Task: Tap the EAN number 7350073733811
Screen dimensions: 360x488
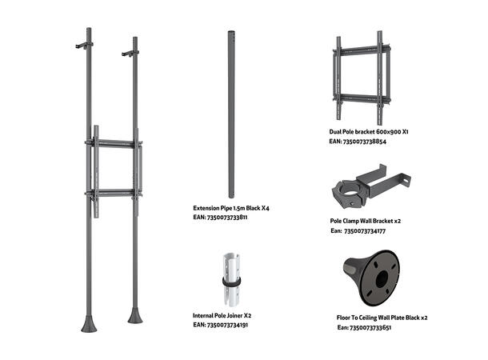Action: (x=220, y=217)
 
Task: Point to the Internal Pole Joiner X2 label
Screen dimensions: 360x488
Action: (x=222, y=315)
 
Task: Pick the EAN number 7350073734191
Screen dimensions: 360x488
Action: (x=220, y=326)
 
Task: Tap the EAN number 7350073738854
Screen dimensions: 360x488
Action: (x=358, y=141)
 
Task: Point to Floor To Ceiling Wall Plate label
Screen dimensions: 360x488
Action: (x=382, y=318)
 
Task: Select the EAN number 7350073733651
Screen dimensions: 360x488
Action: (x=364, y=327)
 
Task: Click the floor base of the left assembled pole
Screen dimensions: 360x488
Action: (x=89, y=323)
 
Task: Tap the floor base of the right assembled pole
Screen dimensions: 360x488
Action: (x=134, y=314)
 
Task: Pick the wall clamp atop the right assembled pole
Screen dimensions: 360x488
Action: (x=128, y=54)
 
